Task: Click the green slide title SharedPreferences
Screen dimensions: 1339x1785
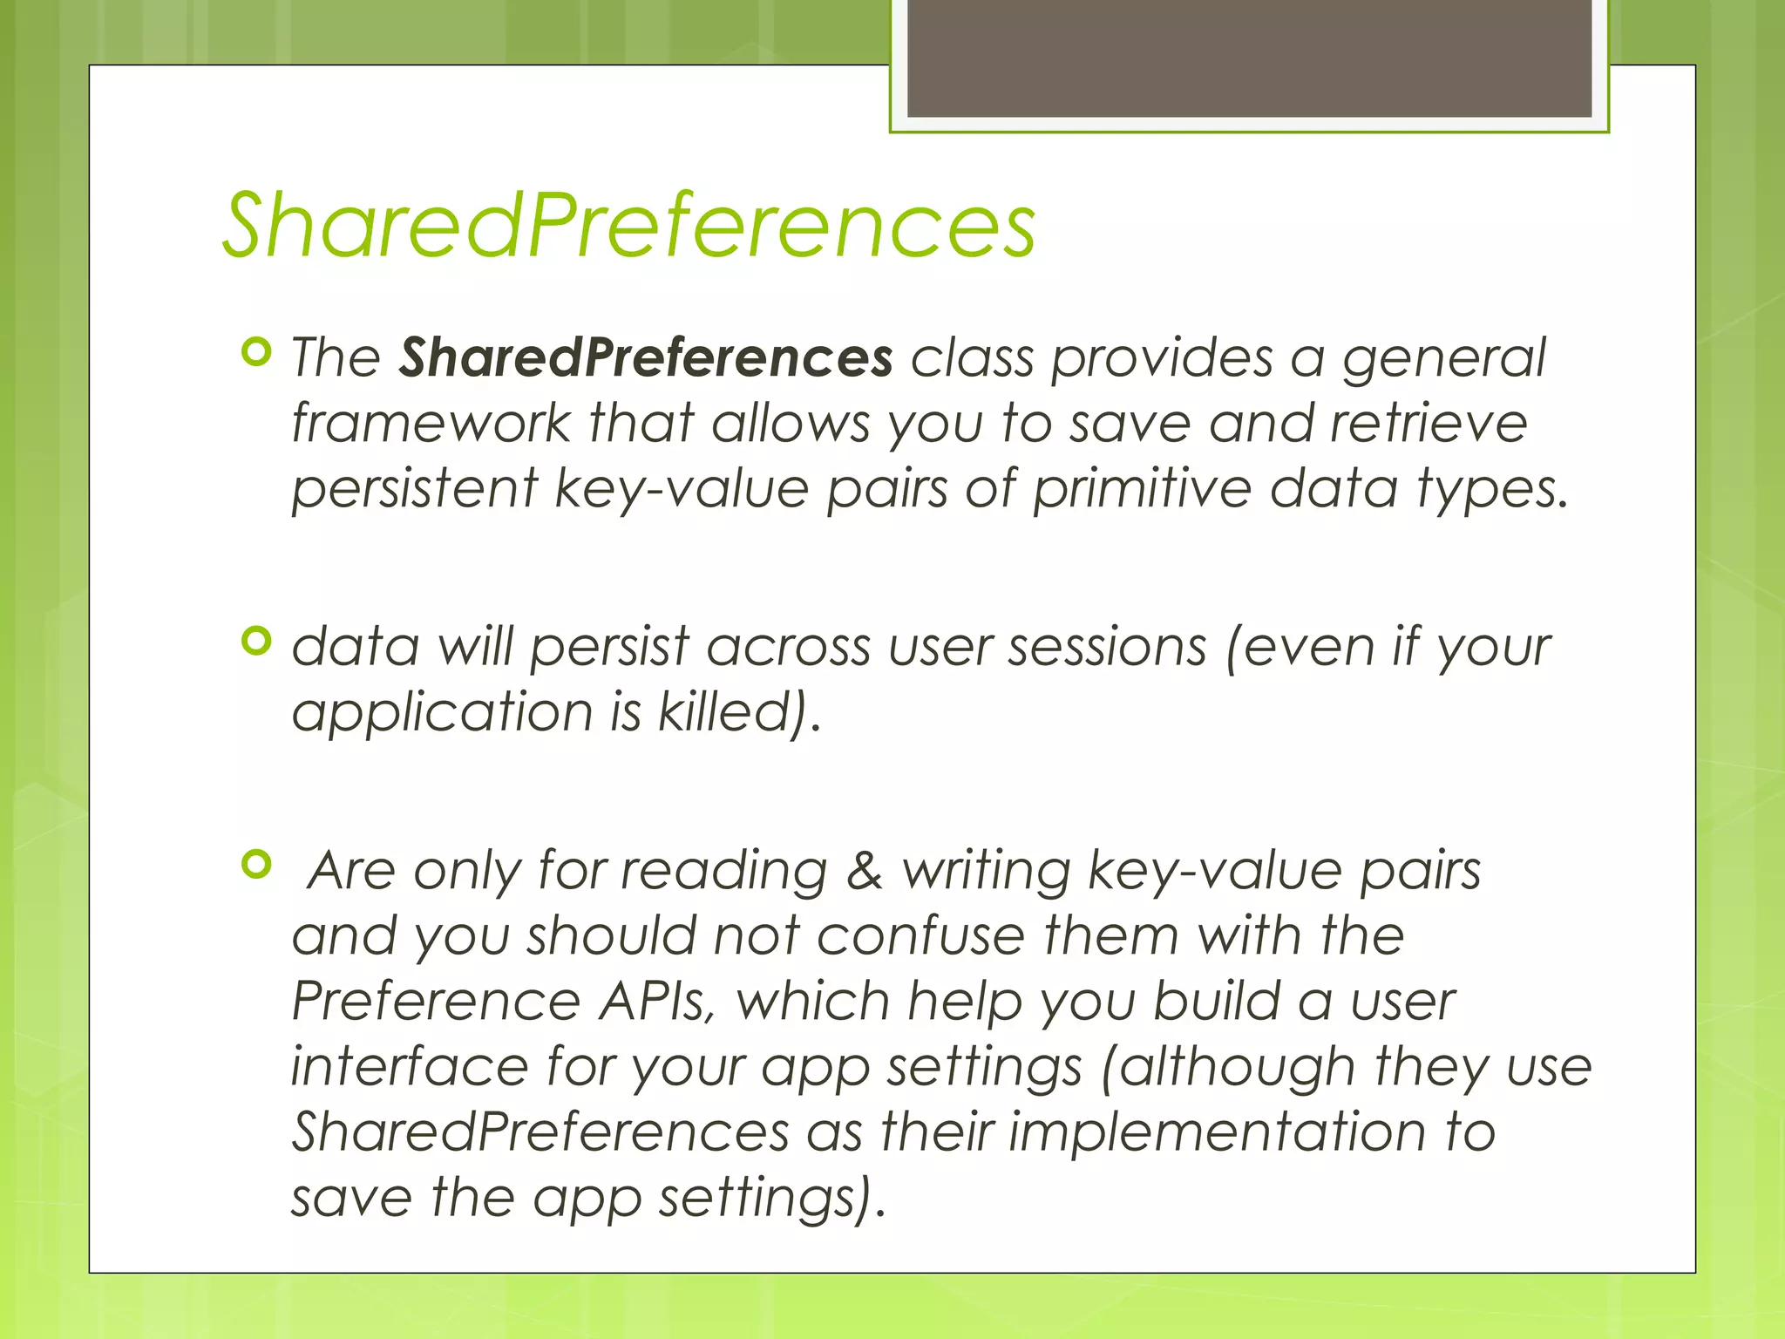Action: [628, 225]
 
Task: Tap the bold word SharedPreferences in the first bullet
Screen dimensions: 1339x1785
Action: [646, 357]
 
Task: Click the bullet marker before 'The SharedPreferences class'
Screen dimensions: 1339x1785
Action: [256, 353]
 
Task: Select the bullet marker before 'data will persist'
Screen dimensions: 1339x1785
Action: [256, 642]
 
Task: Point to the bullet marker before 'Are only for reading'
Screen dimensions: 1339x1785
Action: [256, 865]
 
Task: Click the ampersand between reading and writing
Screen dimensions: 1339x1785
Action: [864, 870]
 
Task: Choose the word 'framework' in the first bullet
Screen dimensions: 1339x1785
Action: [431, 423]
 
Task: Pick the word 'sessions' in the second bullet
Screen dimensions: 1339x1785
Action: [1107, 647]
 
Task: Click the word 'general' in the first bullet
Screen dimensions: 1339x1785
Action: [1443, 359]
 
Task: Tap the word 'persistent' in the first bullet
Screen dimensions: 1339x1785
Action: [415, 488]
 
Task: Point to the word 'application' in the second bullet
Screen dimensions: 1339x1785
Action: [442, 713]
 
